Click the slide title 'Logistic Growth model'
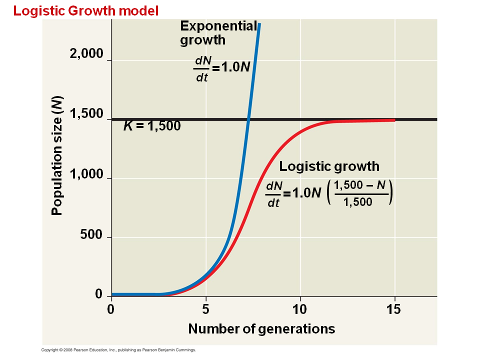86,10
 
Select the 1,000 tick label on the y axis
86,175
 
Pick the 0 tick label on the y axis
98,294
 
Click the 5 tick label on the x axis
205,309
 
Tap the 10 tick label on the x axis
300,309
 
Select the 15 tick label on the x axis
393,309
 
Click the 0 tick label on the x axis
111,309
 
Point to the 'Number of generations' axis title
261,328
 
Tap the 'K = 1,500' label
152,126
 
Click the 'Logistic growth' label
329,166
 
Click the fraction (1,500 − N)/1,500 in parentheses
360,193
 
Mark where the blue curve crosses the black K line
248,119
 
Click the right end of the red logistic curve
394,120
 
